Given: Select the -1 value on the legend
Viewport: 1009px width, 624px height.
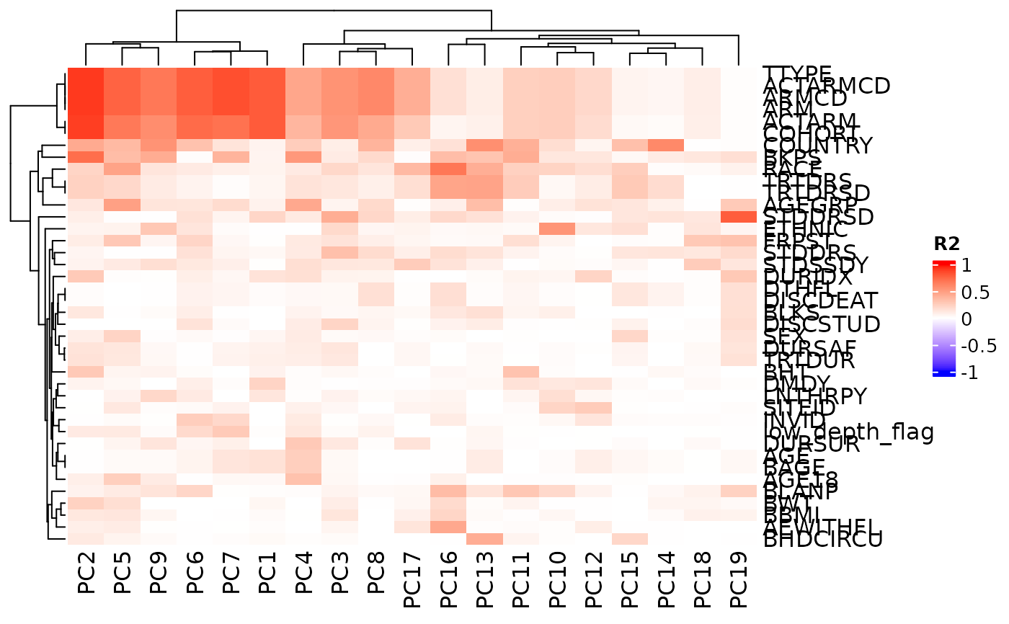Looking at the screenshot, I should [966, 373].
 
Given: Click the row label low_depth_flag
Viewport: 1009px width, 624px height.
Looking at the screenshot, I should [848, 432].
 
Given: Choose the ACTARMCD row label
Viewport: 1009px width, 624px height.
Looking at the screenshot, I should [827, 86].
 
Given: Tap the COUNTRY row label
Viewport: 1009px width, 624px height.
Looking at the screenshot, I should [818, 146].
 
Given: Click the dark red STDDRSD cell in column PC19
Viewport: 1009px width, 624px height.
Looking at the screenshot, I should [737, 217].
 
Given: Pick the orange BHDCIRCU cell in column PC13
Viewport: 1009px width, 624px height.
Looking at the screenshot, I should [484, 538].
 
